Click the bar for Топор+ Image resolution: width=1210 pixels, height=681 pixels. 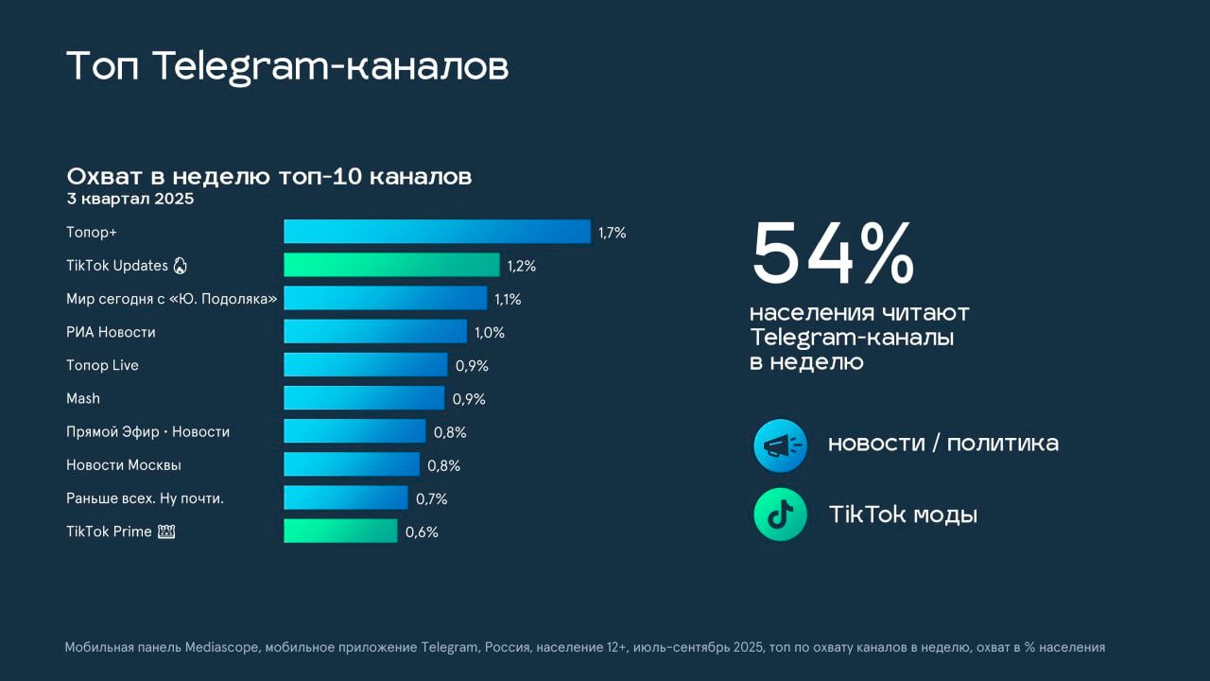tap(437, 232)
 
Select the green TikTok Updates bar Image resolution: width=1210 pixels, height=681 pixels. tap(391, 265)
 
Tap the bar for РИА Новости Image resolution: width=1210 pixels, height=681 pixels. tap(375, 331)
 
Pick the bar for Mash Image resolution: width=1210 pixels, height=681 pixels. tap(364, 398)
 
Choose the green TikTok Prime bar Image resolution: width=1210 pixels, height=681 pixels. tap(340, 531)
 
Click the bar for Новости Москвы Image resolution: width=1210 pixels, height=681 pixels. tap(352, 464)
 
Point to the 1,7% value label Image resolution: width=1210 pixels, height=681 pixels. tap(612, 233)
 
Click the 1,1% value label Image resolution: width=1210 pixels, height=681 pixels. tap(508, 299)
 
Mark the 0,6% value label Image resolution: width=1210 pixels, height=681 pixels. tap(422, 532)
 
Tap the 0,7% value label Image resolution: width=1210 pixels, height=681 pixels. tap(431, 498)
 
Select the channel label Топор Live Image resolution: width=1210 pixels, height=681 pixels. tap(102, 365)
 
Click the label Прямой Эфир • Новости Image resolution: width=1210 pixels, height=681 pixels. tap(147, 431)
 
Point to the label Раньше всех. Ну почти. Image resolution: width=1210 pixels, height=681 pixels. tap(145, 498)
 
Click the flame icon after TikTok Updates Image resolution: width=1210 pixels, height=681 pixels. tap(181, 266)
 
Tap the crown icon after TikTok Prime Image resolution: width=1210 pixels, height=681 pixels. tap(167, 532)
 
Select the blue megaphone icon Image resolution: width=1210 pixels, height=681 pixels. tap(780, 445)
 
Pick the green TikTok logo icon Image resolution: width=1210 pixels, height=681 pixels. tap(780, 515)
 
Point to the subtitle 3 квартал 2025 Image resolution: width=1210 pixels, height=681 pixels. tap(130, 199)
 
